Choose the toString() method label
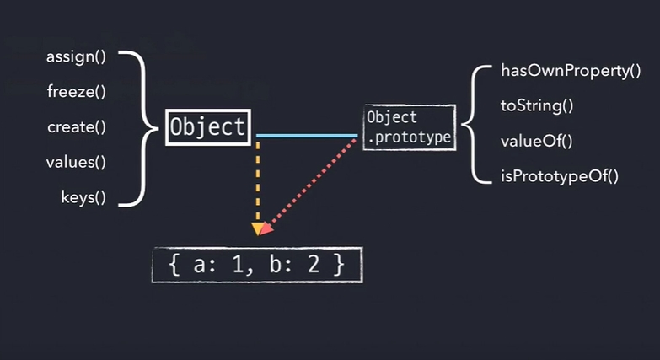point(537,106)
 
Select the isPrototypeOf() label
point(560,175)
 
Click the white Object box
point(207,128)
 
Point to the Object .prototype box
point(409,127)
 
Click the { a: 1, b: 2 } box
point(257,264)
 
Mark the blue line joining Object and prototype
point(307,135)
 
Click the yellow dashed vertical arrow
point(257,181)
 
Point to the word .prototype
point(409,137)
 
